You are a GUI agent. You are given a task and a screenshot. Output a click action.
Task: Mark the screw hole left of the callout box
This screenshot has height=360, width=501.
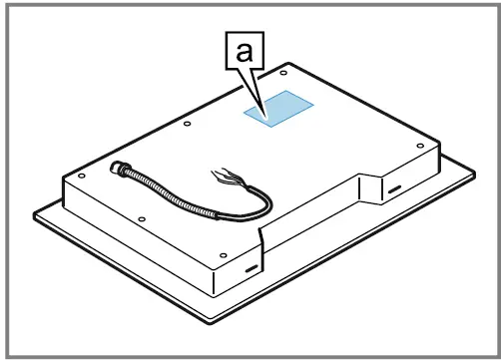tap(188, 124)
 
